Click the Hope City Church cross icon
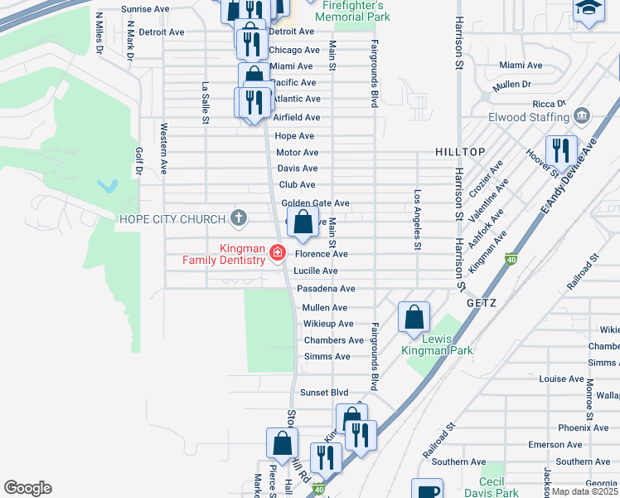click(x=239, y=219)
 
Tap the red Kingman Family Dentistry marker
click(x=278, y=253)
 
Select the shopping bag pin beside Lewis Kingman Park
click(x=414, y=317)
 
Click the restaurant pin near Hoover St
click(x=563, y=151)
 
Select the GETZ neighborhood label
click(x=481, y=303)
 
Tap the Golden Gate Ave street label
click(x=315, y=203)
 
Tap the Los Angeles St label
click(x=418, y=220)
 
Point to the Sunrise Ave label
click(x=145, y=9)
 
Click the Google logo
click(x=27, y=488)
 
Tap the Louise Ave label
click(x=561, y=378)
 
